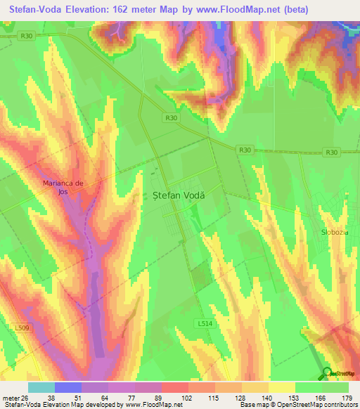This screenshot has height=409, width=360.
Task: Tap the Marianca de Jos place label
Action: (63, 187)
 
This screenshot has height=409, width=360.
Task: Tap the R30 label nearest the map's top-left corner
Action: (27, 35)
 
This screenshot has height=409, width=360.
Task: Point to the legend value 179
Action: (348, 397)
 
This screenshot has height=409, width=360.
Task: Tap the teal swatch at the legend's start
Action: (41, 387)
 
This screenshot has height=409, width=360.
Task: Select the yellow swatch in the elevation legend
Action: (281, 387)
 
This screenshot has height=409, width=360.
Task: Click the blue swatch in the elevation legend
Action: (67, 387)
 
